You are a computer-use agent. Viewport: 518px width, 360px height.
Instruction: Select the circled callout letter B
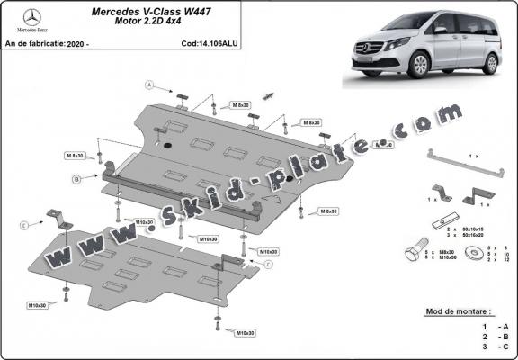click(78, 180)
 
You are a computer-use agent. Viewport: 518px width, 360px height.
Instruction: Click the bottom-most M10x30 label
click(246, 333)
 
